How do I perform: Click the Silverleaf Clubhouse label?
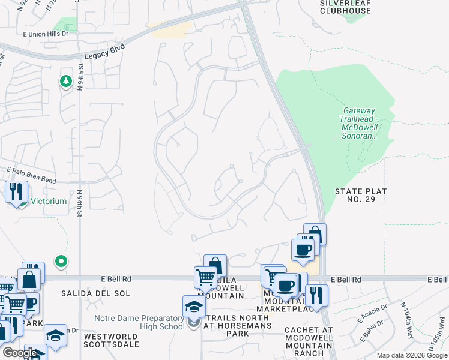pos(345,7)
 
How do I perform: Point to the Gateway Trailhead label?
pos(359,123)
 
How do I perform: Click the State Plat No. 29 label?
pos(361,195)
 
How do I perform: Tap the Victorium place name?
pos(49,202)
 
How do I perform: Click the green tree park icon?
pos(65,82)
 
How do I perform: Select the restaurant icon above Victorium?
pos(16,192)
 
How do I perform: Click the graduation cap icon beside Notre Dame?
pos(194,307)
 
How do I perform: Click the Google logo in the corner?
pos(20,353)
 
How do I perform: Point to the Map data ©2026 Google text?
pos(411,355)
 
